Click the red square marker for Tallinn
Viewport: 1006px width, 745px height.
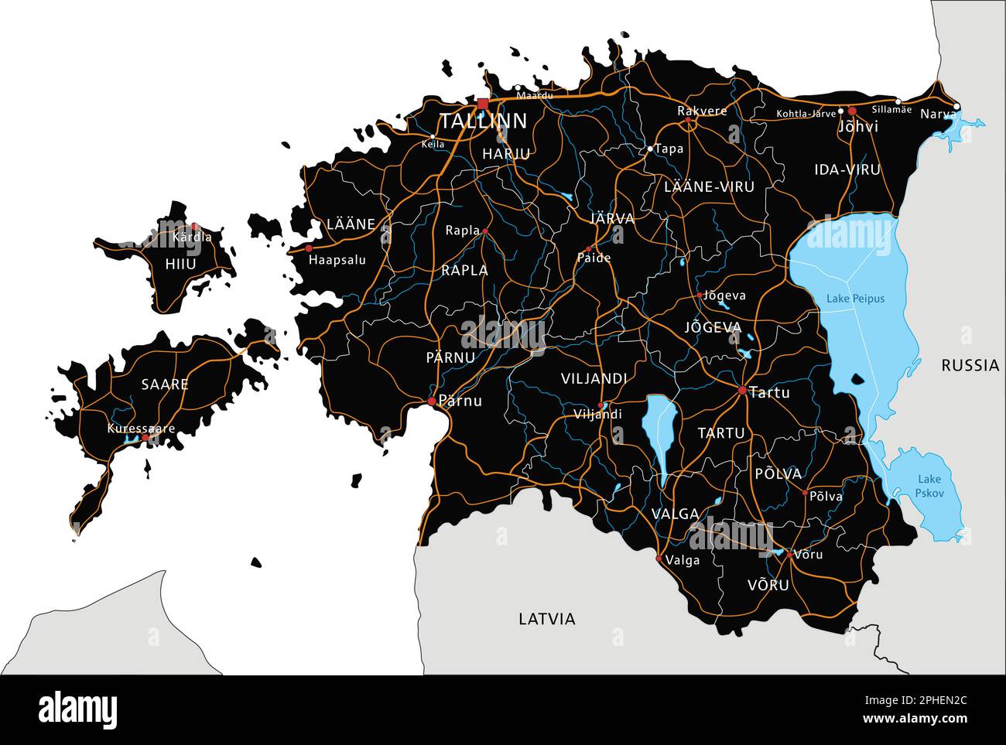tap(483, 104)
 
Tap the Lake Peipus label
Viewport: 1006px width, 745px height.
tap(855, 299)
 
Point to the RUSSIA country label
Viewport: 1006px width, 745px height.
tap(970, 366)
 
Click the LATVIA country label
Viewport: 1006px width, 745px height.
tap(547, 619)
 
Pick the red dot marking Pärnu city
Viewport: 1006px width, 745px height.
tap(432, 401)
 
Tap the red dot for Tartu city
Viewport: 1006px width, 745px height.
tap(742, 391)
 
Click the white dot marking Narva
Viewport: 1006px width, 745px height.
tap(956, 106)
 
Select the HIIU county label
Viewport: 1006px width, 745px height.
tap(180, 264)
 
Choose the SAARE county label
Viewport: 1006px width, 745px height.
tap(165, 384)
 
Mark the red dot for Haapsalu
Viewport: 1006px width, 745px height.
tap(309, 248)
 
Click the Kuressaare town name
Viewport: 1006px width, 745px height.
tap(141, 429)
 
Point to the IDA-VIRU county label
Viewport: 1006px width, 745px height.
tap(847, 169)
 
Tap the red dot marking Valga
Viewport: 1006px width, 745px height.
tap(659, 558)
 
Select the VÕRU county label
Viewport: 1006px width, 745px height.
tap(768, 585)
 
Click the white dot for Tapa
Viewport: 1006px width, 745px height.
tap(650, 148)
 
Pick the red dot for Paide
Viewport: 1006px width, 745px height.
tap(588, 249)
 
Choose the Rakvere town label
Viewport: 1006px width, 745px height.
tap(702, 111)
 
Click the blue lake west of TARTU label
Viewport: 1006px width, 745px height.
tap(659, 433)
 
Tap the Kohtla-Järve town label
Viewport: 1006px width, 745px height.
tap(806, 114)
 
